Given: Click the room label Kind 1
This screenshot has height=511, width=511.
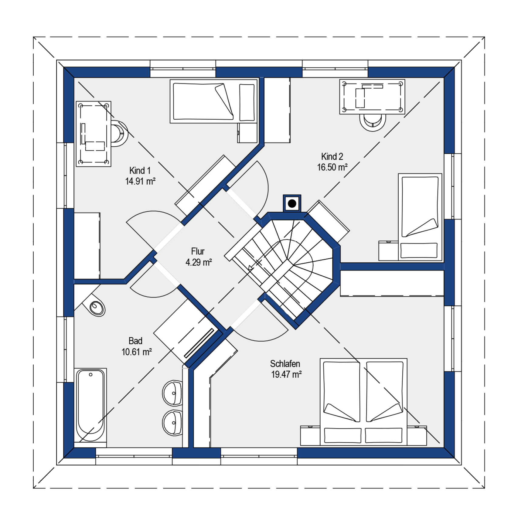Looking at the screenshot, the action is coord(140,170).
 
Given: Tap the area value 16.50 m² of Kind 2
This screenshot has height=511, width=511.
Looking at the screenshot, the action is coord(332,167).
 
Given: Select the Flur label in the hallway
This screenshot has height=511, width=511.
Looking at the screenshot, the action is coord(198,251).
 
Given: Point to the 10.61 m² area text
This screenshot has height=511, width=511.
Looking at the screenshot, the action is coord(137,352).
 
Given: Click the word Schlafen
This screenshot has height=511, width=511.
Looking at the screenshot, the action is coord(285,364).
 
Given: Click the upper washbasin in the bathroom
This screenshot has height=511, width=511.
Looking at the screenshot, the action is coord(172,393).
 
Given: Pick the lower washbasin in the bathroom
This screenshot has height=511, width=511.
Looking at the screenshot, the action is coord(172,422).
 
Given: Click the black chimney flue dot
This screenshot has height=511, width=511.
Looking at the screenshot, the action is coord(292,203).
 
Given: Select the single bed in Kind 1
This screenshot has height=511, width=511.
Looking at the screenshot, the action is coord(213,101).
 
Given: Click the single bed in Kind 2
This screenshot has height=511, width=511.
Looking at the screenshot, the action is coord(420,217).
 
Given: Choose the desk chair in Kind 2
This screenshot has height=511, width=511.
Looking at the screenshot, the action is coord(373,122).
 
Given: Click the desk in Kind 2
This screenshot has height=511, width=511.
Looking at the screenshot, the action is coord(372,97).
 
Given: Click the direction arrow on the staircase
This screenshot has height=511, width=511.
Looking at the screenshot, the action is coord(251,268).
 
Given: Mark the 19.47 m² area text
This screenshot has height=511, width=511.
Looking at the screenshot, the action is coord(286,374).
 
